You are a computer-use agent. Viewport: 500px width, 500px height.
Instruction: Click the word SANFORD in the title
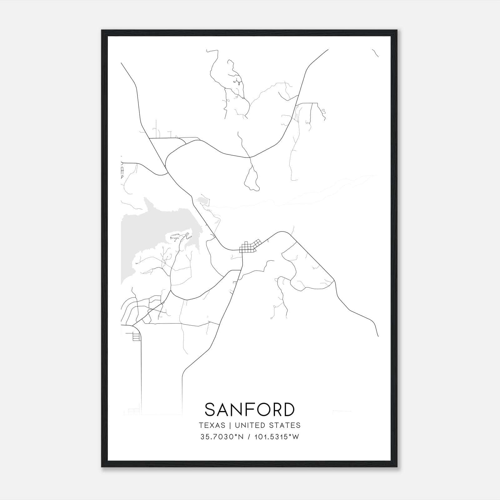click(250, 409)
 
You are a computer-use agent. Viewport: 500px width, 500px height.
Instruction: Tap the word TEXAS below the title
click(212, 425)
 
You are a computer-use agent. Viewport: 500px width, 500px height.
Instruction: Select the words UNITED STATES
click(267, 425)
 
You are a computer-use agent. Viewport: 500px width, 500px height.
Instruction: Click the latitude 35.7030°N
click(222, 437)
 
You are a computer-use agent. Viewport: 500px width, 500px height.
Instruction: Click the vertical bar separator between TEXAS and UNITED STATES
click(230, 425)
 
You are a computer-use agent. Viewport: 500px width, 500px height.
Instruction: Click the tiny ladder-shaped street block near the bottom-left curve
click(136, 337)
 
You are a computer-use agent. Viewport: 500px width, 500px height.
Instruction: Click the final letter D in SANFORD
click(288, 409)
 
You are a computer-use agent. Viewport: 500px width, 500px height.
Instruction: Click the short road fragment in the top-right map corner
click(375, 53)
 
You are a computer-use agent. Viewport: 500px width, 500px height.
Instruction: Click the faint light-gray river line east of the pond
click(281, 200)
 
